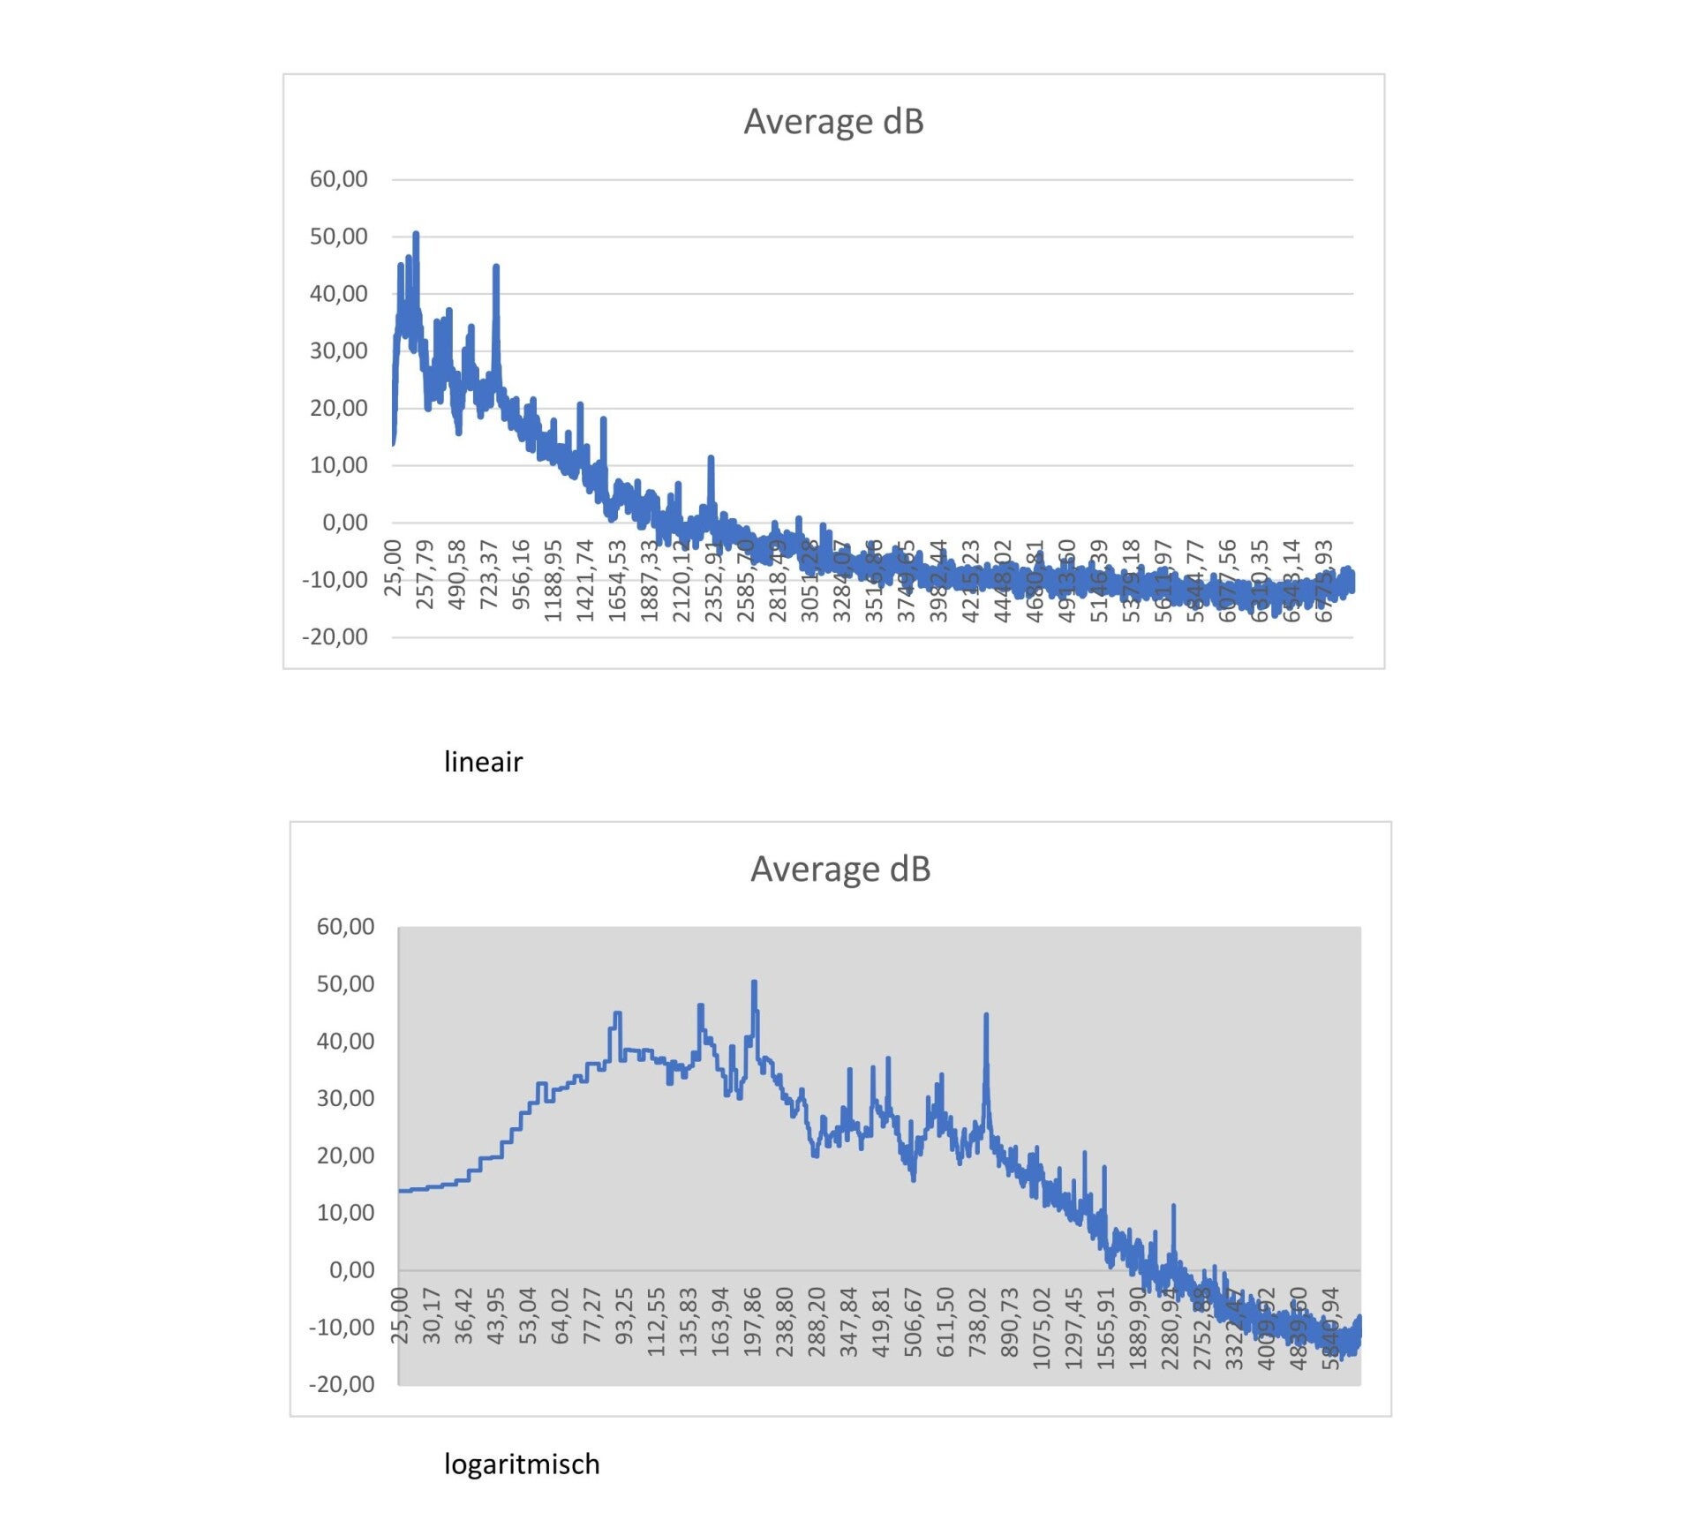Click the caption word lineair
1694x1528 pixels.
click(483, 761)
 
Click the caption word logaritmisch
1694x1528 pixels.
click(522, 1464)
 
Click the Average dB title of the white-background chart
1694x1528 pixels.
click(833, 121)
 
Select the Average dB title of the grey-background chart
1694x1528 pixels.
click(840, 869)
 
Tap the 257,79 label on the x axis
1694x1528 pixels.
click(425, 575)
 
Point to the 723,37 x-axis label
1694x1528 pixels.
click(489, 575)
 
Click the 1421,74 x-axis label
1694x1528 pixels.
click(585, 581)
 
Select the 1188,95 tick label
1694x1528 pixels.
click(553, 581)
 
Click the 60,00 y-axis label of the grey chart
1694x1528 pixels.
click(345, 927)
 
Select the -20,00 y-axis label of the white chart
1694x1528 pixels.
click(335, 636)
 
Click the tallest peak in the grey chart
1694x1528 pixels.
click(754, 982)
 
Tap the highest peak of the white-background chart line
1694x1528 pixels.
click(416, 234)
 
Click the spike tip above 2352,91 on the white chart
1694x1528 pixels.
click(711, 458)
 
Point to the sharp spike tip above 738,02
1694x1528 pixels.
click(986, 1015)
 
